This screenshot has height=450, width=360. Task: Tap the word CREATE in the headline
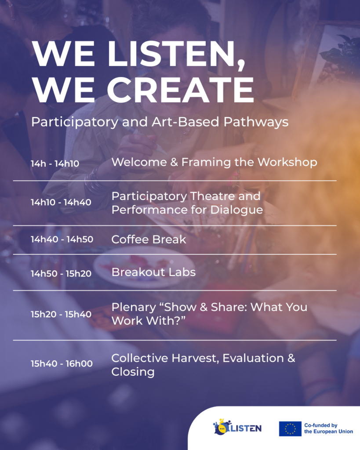(x=181, y=90)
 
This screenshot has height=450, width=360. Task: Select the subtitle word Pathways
(x=256, y=122)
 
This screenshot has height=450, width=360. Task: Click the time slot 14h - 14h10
(x=55, y=163)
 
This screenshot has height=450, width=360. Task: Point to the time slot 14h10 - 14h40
(x=61, y=202)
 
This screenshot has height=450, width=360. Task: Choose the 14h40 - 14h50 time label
(x=62, y=240)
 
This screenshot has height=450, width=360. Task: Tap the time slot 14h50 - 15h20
(x=61, y=273)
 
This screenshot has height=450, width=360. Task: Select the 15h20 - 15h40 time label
(x=61, y=314)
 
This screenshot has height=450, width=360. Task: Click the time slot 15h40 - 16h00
(x=62, y=363)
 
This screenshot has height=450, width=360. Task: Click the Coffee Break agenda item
(x=149, y=240)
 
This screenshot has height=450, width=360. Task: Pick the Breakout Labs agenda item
(x=153, y=272)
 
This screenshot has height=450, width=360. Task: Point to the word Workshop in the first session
(x=287, y=163)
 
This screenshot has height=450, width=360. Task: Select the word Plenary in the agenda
(x=134, y=308)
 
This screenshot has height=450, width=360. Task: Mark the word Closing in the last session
(x=133, y=372)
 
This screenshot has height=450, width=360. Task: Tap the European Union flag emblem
(x=290, y=429)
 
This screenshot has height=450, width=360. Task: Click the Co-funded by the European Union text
(x=329, y=428)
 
